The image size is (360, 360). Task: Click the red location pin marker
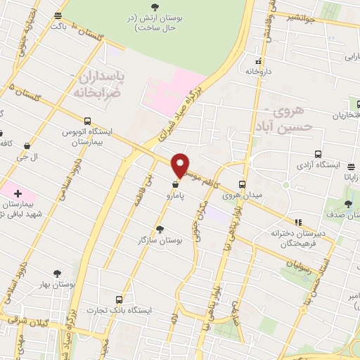tap(181, 165)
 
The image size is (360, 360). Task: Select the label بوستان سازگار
tap(160, 240)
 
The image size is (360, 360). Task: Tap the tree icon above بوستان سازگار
tap(160, 229)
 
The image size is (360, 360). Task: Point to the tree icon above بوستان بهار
tap(57, 274)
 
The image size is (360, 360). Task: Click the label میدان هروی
tap(236, 195)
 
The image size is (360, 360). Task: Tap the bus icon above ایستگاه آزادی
tap(319, 155)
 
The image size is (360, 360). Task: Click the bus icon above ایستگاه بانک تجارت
tap(118, 300)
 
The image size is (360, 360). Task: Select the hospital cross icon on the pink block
tap(18, 193)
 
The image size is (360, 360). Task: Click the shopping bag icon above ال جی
tap(27, 146)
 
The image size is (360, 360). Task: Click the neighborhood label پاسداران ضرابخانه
tap(98, 83)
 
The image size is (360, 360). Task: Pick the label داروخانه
tap(258, 71)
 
